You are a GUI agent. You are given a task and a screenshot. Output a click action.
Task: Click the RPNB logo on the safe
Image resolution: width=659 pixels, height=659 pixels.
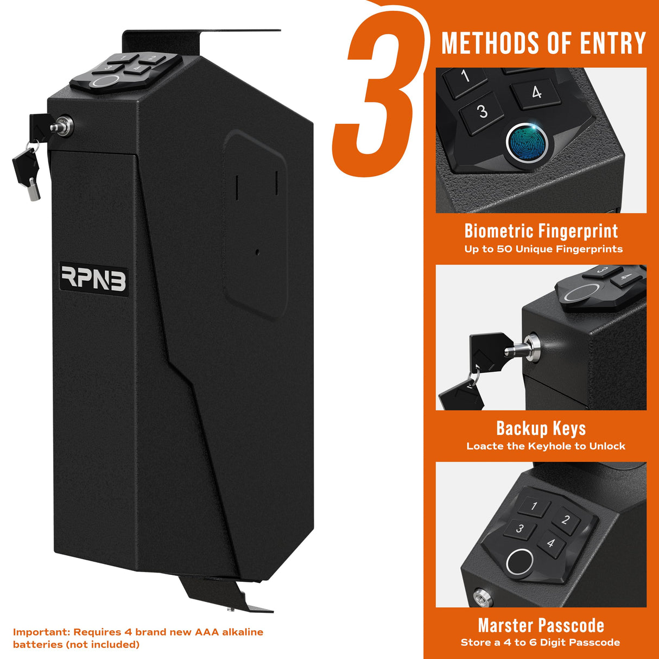click(93, 278)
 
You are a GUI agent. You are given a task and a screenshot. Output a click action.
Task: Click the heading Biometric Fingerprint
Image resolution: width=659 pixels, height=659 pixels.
click(541, 231)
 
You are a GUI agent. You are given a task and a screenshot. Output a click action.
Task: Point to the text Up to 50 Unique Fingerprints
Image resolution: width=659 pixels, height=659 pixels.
click(543, 249)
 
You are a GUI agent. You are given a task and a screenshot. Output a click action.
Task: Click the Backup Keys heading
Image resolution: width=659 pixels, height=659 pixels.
click(541, 428)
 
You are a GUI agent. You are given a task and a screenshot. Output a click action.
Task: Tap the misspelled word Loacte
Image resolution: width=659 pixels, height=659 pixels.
click(485, 446)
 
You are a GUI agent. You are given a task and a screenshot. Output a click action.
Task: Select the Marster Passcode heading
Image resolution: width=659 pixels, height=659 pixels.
click(541, 625)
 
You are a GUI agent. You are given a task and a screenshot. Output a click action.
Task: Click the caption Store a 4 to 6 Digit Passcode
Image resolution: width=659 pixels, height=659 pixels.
click(540, 643)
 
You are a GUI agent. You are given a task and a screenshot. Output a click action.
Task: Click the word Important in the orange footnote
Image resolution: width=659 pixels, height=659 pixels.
click(41, 632)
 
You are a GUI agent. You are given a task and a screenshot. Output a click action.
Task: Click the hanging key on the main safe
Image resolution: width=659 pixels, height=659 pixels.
click(26, 168)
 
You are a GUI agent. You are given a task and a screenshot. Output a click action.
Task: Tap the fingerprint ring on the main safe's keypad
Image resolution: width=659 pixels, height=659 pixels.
click(104, 82)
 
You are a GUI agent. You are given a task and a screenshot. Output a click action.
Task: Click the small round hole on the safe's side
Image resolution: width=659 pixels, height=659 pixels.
click(257, 252)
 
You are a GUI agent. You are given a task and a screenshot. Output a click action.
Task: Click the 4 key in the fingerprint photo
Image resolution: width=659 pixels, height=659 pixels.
click(536, 93)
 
